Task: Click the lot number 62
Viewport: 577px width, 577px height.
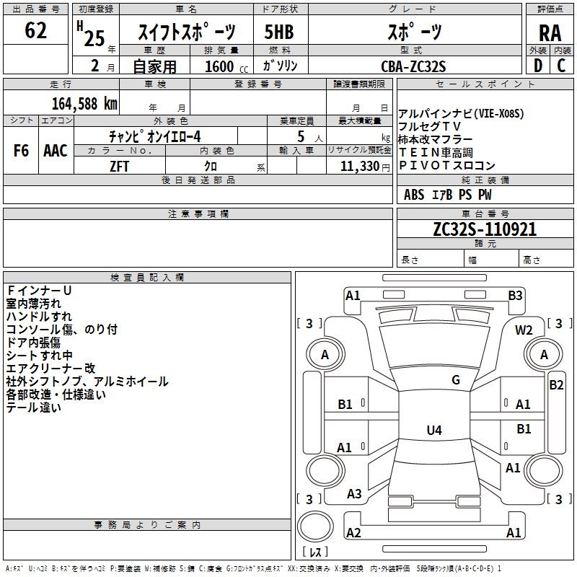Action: click(x=35, y=30)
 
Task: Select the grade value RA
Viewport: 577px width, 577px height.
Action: click(x=550, y=33)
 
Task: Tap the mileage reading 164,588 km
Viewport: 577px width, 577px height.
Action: click(x=84, y=104)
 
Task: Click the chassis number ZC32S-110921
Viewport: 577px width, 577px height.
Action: click(x=485, y=229)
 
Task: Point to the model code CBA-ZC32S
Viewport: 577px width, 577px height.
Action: click(x=413, y=66)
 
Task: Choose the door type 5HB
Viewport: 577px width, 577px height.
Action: click(x=279, y=32)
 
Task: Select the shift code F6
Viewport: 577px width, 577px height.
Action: click(x=21, y=151)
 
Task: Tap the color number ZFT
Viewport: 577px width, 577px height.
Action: click(x=119, y=167)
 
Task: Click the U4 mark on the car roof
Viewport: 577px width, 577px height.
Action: click(x=434, y=430)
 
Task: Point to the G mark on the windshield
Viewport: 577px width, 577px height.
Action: click(x=456, y=380)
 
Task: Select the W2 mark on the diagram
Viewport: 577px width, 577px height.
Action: click(x=524, y=330)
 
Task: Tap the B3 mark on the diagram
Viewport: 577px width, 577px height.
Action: click(x=515, y=296)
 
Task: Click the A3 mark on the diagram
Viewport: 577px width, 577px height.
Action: click(x=354, y=494)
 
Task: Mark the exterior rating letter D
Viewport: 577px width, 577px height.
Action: click(x=538, y=66)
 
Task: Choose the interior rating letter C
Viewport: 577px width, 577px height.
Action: click(x=561, y=66)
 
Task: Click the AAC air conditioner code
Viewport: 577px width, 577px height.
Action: click(x=56, y=151)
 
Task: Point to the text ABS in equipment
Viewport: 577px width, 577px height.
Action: click(x=414, y=195)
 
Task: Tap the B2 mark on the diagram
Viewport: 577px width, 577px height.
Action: click(x=556, y=385)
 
